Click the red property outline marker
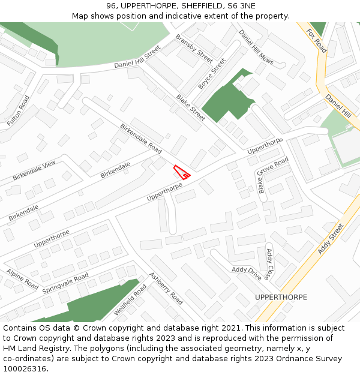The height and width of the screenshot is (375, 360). point(182,172)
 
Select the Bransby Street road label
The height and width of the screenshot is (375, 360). point(194,48)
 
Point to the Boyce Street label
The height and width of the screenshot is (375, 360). point(212,73)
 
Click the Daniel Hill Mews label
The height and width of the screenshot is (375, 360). point(256,47)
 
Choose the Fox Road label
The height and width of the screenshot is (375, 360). point(316,40)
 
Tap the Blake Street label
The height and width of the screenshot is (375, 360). point(191,107)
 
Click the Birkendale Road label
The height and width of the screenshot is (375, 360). point(141,138)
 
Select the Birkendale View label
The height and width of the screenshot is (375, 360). point(34,170)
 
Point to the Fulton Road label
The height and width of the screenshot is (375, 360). point(18,110)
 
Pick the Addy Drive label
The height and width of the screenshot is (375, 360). point(247,274)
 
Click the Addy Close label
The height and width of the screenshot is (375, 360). point(269,264)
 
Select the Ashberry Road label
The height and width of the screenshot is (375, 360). point(166,289)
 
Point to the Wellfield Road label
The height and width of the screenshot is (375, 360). point(130,301)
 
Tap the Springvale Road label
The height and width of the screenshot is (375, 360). point(65,283)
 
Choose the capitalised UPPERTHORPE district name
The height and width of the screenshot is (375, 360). point(281,297)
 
